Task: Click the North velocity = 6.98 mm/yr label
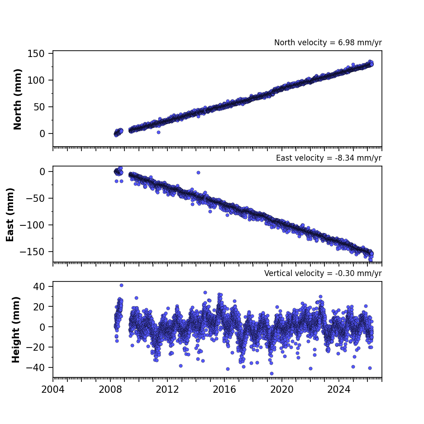pos(328,43)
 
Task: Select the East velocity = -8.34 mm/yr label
pos(329,158)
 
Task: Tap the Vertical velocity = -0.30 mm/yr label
pos(323,273)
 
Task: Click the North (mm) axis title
pos(17,99)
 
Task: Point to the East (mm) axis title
pos(10,214)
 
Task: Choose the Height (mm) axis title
pos(16,329)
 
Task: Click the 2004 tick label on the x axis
pos(53,390)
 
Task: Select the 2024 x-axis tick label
pos(338,390)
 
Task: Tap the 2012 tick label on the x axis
pos(167,390)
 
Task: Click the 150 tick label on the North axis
pos(36,53)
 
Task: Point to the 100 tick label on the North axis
pos(36,80)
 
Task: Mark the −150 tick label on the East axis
pos(32,252)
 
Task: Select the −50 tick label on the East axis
pos(35,198)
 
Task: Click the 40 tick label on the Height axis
pos(39,286)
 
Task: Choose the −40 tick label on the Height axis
pos(35,367)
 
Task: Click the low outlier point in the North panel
pos(158,132)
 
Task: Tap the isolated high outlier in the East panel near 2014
pos(198,172)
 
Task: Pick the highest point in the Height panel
pos(121,285)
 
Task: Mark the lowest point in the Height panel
pos(272,373)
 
